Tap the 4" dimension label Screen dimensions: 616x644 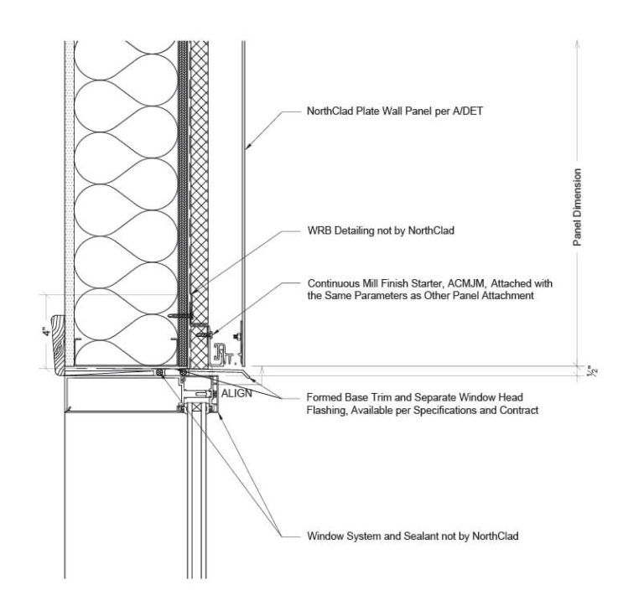[46, 330]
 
